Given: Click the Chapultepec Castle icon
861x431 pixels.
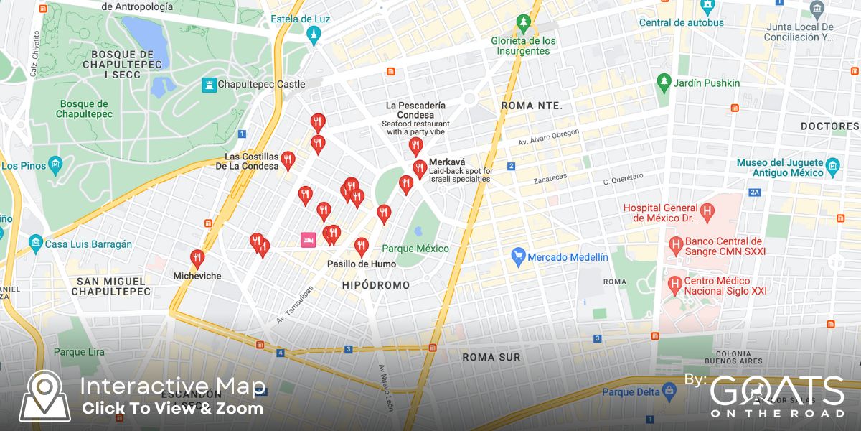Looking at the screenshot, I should pos(209,85).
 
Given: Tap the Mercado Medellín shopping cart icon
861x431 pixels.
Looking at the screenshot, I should pos(518,256).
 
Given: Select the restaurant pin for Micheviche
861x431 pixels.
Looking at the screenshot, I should pos(197,259).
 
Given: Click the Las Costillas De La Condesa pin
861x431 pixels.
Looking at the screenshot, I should pos(288,160).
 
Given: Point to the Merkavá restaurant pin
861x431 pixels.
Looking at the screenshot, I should pos(420,170).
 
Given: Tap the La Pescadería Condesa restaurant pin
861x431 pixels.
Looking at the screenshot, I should pos(415,147).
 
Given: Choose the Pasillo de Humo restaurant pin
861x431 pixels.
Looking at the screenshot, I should pos(362,247).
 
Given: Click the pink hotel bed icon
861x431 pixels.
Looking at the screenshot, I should pos(307,239).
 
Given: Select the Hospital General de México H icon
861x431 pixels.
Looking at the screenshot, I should pos(707,213).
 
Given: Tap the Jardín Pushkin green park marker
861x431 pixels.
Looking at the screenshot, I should pos(664,83).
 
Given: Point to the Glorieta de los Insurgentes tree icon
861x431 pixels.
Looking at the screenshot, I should pos(524,24).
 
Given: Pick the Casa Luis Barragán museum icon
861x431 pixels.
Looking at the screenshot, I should pos(35,244).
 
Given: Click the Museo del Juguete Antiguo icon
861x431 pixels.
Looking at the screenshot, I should pos(832,167).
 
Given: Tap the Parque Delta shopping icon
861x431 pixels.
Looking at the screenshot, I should pos(669,392).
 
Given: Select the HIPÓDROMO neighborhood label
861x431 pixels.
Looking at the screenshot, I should pos(375,285).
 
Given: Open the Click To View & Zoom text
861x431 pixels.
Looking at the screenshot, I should pos(172,409).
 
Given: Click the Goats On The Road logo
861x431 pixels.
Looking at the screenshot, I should pos(776,396).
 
